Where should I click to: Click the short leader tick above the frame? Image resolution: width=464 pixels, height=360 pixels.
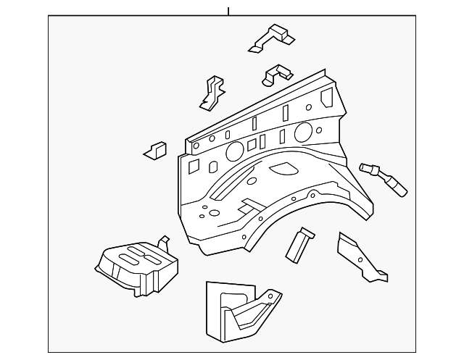[x=228, y=10]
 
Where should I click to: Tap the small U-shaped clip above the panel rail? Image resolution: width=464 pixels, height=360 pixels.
[x=277, y=73]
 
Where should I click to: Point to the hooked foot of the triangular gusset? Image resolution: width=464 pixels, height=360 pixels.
[x=380, y=276]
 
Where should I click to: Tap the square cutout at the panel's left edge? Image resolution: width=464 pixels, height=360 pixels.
[x=194, y=167]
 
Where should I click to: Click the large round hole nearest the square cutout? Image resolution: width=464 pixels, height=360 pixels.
[x=235, y=151]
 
